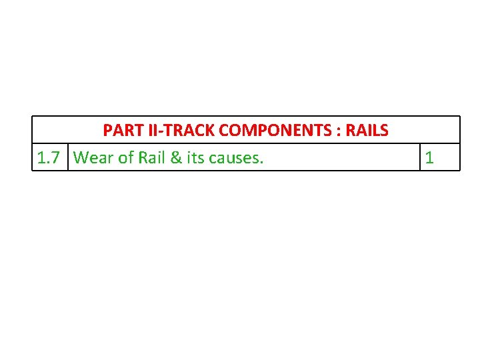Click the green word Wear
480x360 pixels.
click(94, 158)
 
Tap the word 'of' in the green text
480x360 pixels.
click(126, 158)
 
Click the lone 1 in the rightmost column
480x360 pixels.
click(429, 158)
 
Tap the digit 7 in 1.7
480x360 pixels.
click(58, 158)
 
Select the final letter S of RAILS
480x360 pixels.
click(385, 131)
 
